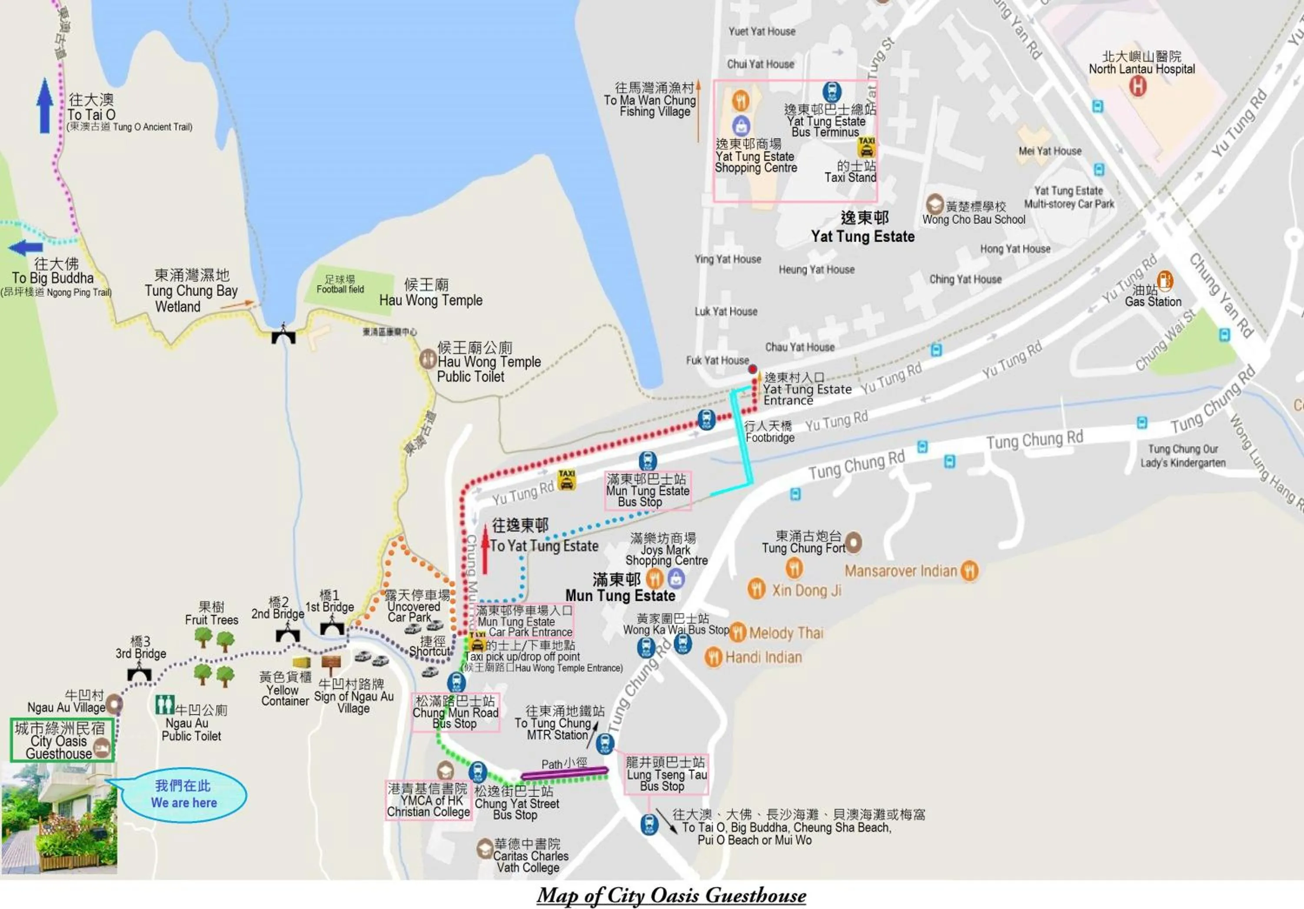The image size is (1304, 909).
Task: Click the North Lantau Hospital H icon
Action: (1137, 87)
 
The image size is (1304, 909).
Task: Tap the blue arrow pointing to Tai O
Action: (45, 106)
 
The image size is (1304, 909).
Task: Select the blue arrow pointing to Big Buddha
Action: (26, 248)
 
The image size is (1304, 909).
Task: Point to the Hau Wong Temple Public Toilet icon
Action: (428, 359)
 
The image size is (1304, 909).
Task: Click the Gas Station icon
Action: (1164, 281)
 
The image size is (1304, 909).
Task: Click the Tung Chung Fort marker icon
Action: (853, 542)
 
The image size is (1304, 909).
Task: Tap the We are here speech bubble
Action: (183, 794)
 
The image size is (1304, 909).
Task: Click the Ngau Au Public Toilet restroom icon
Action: (165, 705)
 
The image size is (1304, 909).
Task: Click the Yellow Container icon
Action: (302, 662)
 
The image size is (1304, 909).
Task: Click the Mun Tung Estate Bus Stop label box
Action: (648, 490)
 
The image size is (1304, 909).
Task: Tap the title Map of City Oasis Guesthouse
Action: (671, 896)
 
